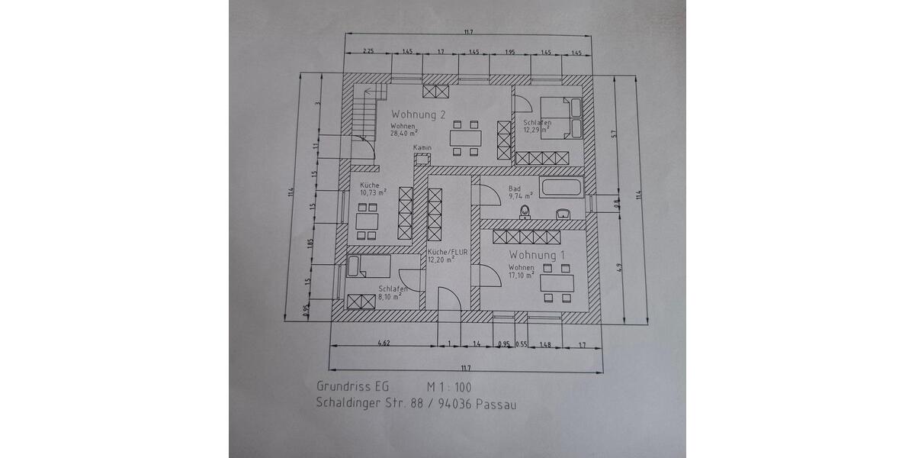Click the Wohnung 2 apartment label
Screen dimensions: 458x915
(x=418, y=114)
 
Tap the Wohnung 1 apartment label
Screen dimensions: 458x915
(x=538, y=254)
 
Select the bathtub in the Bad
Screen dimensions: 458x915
(x=560, y=187)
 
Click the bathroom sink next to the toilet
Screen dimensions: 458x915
(x=564, y=214)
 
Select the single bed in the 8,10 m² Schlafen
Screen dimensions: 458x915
(x=368, y=267)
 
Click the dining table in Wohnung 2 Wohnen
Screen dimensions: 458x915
(x=466, y=138)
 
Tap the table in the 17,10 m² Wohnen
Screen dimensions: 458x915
(x=557, y=283)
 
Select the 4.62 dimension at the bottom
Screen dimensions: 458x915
(x=384, y=343)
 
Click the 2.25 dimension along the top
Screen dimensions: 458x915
(x=368, y=51)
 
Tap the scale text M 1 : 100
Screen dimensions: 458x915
(x=449, y=387)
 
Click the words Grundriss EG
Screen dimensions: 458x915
(x=352, y=387)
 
